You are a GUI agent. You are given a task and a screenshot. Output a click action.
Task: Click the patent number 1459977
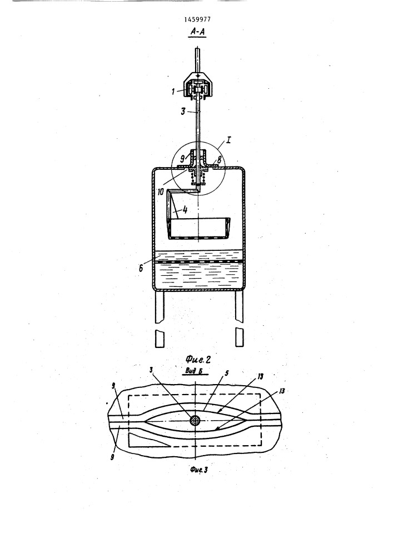[195, 20]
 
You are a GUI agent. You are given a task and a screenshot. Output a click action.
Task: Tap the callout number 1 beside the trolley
[173, 92]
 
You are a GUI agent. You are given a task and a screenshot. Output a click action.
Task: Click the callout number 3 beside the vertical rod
[183, 113]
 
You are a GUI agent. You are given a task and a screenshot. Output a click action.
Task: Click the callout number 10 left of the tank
[160, 192]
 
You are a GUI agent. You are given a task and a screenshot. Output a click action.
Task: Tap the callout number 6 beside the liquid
[141, 268]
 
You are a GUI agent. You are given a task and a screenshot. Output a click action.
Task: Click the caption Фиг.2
[198, 360]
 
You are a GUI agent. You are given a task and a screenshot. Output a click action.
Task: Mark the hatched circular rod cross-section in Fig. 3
[195, 421]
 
